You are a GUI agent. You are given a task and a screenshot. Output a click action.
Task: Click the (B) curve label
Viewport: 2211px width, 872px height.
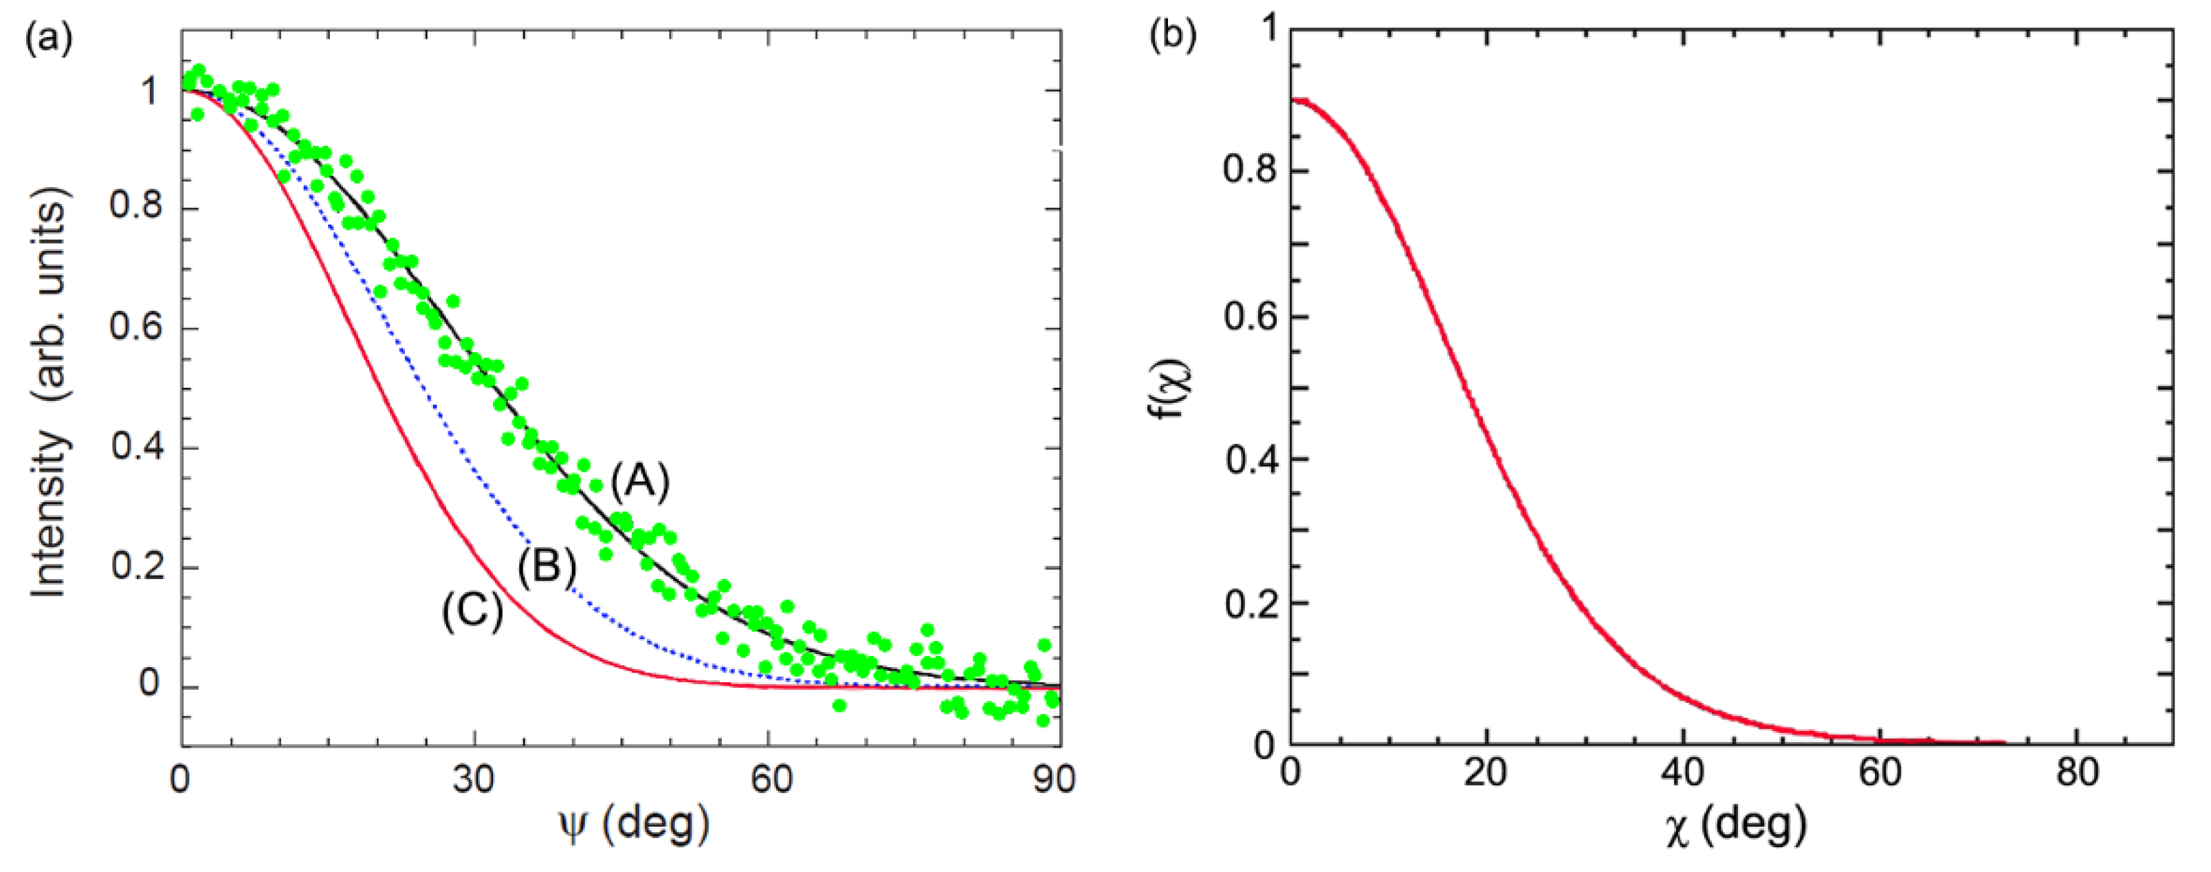547,567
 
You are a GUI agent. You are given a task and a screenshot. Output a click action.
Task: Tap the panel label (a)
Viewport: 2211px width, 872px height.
49,39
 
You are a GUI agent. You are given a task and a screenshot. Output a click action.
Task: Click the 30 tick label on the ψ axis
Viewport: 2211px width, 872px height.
474,779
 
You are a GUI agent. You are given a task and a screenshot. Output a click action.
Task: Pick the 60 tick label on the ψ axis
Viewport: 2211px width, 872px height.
770,779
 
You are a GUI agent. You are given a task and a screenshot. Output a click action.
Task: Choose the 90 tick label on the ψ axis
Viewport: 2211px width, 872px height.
1054,779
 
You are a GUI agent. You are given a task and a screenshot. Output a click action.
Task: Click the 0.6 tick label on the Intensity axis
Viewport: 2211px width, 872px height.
135,327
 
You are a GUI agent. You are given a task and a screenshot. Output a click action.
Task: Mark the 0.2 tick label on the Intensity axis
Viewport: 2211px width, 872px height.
135,567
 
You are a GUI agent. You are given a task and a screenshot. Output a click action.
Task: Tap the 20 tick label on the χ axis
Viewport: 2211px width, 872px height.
1486,773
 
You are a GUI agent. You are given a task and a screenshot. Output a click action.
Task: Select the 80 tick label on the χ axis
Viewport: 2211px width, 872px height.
2077,773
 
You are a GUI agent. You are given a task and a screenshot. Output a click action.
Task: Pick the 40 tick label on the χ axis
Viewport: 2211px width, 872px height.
1682,773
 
